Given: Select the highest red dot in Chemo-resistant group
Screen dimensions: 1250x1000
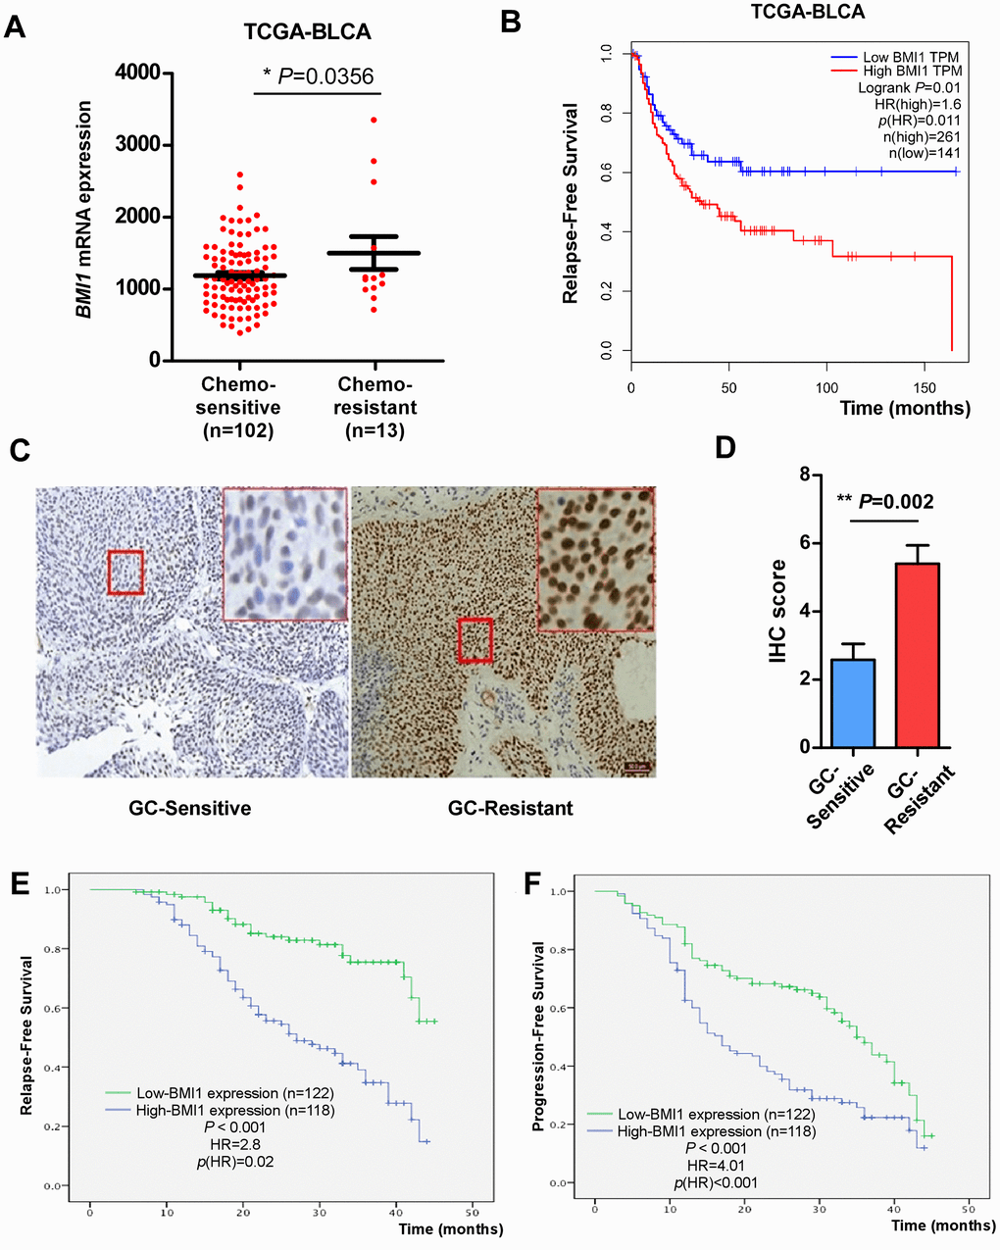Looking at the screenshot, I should pyautogui.click(x=374, y=120).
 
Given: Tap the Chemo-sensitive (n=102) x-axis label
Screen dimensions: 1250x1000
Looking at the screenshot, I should pyautogui.click(x=240, y=407).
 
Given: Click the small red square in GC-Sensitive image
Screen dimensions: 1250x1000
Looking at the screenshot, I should pyautogui.click(x=125, y=572).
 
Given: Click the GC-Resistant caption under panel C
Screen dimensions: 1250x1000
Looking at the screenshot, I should pyautogui.click(x=510, y=809).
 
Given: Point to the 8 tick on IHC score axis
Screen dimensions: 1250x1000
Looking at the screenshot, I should pyautogui.click(x=803, y=475).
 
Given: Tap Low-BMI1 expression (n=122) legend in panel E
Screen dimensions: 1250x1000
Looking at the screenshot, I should pyautogui.click(x=221, y=1093).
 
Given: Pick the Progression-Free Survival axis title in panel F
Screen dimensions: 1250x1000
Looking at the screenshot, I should pyautogui.click(x=538, y=1036).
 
